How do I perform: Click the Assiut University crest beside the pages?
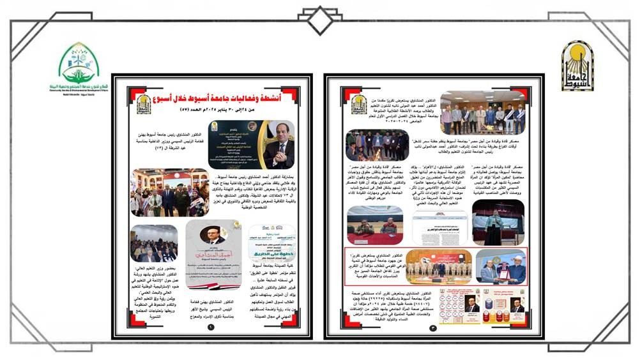point(577,66)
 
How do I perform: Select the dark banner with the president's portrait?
point(252,144)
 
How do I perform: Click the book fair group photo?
point(170,192)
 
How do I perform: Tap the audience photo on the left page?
point(153,243)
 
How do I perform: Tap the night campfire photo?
point(377,145)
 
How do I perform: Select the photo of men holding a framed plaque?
point(501,266)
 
